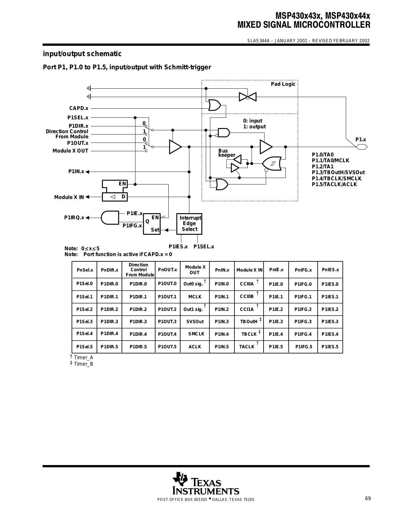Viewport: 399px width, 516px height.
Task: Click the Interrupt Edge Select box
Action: [189, 224]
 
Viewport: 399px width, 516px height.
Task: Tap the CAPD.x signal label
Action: [79, 108]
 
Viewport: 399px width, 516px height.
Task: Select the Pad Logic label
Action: [283, 84]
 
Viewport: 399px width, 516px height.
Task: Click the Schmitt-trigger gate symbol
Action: [272, 164]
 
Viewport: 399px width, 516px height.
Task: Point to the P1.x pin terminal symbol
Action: [362, 147]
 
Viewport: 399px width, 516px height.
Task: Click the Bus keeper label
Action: [227, 153]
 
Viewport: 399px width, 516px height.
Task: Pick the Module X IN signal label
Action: [69, 197]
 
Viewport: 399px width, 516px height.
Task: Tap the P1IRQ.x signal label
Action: [74, 217]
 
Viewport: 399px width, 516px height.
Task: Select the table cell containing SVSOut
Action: [195, 322]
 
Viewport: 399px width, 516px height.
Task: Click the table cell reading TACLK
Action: [249, 346]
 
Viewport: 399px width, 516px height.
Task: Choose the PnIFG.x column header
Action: [303, 270]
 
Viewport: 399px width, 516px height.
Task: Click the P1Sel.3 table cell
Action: [84, 322]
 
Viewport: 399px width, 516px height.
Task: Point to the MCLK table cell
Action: [195, 297]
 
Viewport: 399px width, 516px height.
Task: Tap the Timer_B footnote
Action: [82, 364]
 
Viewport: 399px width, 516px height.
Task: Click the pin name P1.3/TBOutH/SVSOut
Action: [338, 173]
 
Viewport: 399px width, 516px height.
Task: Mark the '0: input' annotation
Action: [253, 121]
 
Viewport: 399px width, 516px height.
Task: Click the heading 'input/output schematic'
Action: [82, 54]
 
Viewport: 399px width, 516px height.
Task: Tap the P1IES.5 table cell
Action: [330, 346]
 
